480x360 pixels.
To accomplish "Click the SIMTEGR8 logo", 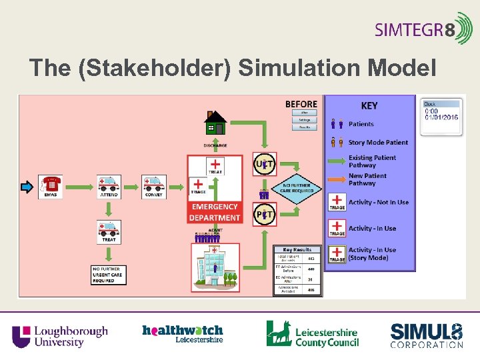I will [423, 29].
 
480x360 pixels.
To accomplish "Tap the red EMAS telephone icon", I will [51, 185].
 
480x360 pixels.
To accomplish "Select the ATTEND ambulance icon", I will [108, 185].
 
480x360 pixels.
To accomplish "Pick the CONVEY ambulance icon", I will [153, 185].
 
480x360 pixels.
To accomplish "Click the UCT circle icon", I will [264, 163].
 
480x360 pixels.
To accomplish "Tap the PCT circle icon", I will [264, 213].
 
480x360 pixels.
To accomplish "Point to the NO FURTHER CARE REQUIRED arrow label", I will [297, 187].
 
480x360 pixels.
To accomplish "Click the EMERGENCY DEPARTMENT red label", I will [215, 212].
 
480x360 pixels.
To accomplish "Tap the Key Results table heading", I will [297, 249].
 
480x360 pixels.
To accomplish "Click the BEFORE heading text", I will [301, 104].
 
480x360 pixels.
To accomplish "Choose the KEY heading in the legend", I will [369, 106].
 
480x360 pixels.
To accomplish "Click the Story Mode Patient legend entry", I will [378, 142].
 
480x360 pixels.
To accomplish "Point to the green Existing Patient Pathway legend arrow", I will [337, 161].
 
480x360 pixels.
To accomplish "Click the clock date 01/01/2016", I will [442, 117].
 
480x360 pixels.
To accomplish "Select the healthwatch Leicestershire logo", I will [182, 333].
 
